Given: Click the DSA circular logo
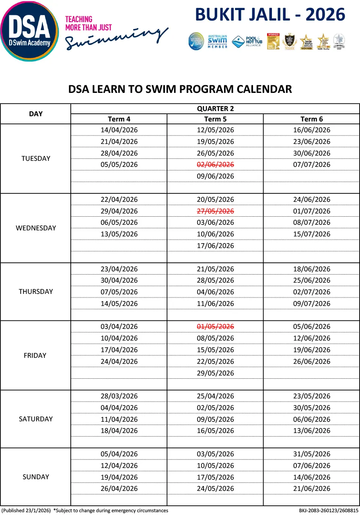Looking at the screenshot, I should click(29, 31).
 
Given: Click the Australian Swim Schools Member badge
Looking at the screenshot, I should click(218, 41).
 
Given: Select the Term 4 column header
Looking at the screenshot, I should click(119, 119).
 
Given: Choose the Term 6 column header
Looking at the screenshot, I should click(311, 119).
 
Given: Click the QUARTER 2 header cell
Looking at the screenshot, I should click(215, 109).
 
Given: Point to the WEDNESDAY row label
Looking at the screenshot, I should click(36, 228).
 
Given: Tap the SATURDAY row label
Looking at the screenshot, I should click(36, 419).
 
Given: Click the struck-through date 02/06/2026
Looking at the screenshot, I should click(215, 164).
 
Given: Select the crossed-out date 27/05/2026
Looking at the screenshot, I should click(215, 211).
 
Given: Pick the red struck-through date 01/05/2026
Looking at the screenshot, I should click(215, 326).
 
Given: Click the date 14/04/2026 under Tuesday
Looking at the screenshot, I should click(119, 130).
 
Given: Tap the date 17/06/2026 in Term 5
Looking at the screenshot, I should click(215, 246).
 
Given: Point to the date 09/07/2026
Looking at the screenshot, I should click(311, 304).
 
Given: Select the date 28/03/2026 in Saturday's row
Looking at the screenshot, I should click(119, 396).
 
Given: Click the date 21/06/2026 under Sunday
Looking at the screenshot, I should click(311, 488).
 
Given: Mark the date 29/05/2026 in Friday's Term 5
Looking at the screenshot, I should click(215, 373).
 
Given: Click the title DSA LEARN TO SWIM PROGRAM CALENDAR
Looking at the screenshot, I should click(180, 89).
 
